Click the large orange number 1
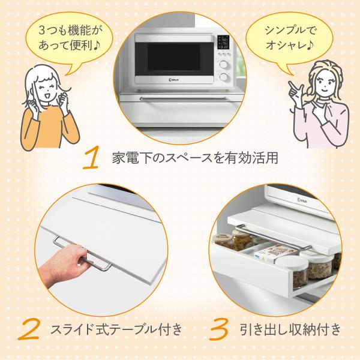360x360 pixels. pos(91,158)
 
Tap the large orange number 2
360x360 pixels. pos(29,329)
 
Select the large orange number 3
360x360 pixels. pos(219,329)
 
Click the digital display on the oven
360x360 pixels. pos(223,42)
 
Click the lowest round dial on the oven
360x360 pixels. pos(224,77)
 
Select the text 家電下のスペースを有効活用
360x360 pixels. pos(195,158)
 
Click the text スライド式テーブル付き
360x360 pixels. pos(116,329)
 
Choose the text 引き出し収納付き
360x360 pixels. pos(290,329)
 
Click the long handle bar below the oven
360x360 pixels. pos(184,99)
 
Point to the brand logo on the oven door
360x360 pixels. pos(174,80)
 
